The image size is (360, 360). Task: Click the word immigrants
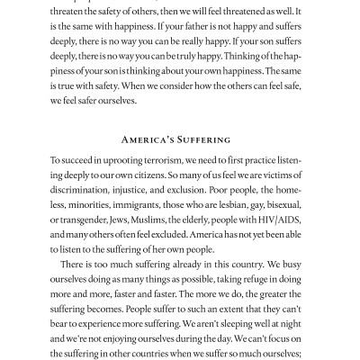tap(137, 223)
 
